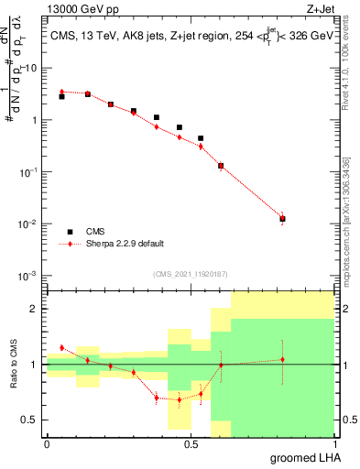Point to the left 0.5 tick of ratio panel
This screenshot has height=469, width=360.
(33, 420)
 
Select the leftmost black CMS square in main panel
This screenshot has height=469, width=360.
(61, 96)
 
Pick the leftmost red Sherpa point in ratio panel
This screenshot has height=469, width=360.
(61, 347)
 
